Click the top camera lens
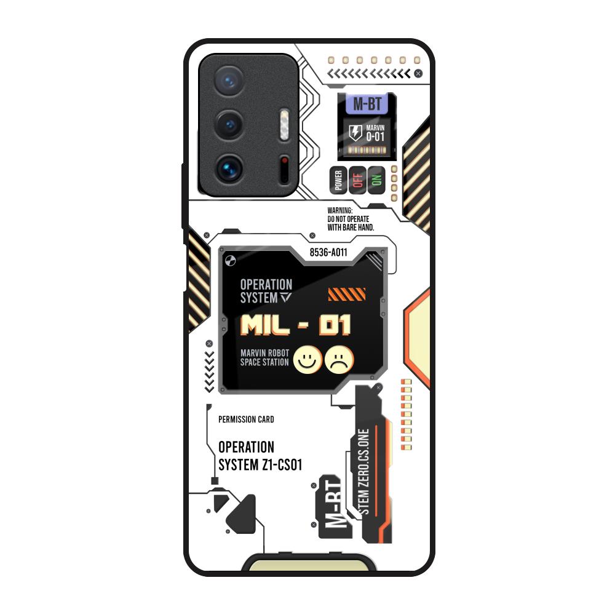229,81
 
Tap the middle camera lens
229,125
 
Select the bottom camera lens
229,167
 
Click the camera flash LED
284,122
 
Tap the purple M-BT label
366,104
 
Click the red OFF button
357,180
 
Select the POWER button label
338,180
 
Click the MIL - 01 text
296,325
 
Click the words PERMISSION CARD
246,419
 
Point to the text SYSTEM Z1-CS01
260,465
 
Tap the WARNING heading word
340,210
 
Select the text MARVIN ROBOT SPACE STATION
264,358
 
